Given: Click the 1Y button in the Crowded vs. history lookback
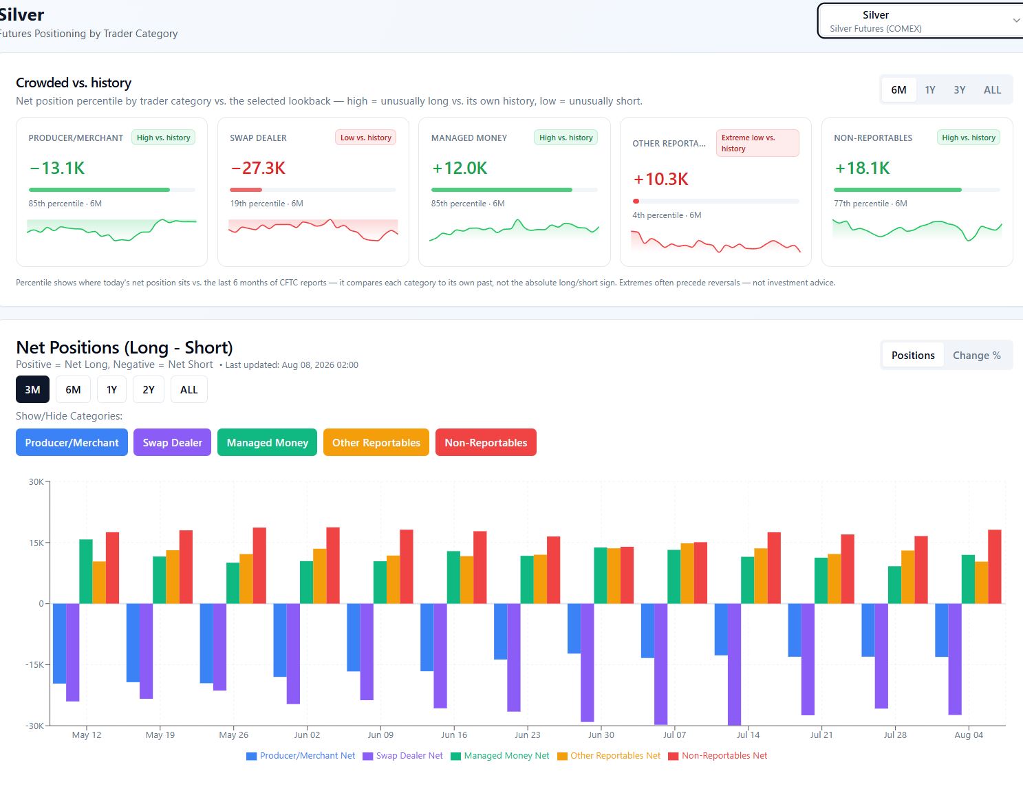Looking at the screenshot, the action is coord(930,90).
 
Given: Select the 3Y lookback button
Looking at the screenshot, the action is coord(960,90).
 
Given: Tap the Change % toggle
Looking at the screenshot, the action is coord(977,356).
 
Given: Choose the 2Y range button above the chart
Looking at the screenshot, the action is coord(149,390).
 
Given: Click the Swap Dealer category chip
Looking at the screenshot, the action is coord(172,442).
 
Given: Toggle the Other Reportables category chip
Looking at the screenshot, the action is coord(376,442).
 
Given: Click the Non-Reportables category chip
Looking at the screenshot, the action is coord(486,442).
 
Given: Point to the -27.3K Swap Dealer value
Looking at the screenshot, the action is coord(258,168).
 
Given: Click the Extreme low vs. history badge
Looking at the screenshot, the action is coord(757,143).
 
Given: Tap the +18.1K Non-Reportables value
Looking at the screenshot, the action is coord(862,168).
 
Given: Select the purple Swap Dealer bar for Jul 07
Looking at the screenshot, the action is coord(661,664).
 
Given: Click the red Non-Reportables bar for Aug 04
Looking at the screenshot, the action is coord(995,567).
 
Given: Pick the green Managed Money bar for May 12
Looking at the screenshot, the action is coord(86,572).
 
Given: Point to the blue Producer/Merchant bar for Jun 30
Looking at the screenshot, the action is coord(574,629).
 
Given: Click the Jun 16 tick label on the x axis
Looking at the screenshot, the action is coord(454,735).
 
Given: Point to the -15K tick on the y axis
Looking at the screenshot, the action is coord(34,665).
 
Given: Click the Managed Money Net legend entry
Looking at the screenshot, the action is coord(500,756).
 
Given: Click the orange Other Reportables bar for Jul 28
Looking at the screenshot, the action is coord(907,578).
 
